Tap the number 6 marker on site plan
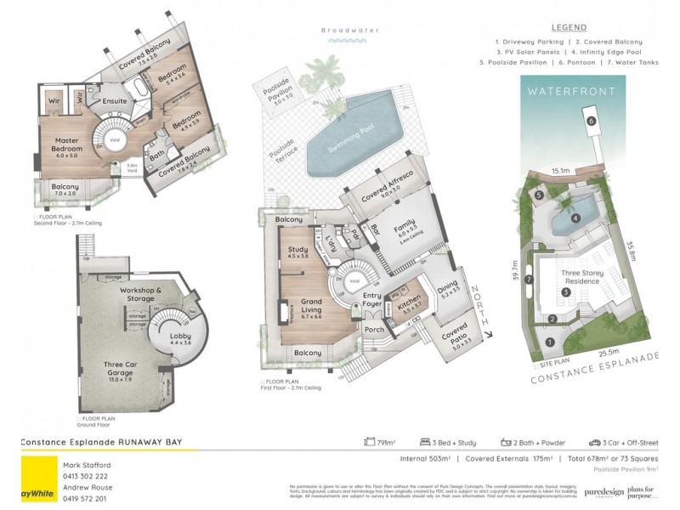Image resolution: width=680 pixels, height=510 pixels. [590, 121]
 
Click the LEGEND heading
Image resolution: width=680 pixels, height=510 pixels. [569, 27]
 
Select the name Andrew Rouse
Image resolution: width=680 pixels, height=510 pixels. [87, 487]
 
